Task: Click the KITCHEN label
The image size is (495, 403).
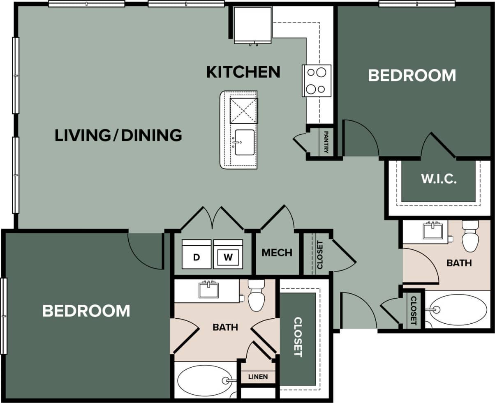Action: pyautogui.click(x=243, y=71)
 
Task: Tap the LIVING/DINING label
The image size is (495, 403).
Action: pyautogui.click(x=118, y=135)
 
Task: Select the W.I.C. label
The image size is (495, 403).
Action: pyautogui.click(x=438, y=180)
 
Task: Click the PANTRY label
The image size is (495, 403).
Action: pyautogui.click(x=326, y=142)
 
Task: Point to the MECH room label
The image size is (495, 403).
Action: pyautogui.click(x=277, y=253)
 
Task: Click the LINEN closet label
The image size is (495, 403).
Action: pyautogui.click(x=258, y=377)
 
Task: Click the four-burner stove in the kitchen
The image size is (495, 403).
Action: pyautogui.click(x=317, y=81)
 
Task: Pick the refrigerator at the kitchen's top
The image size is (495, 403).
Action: pyautogui.click(x=252, y=25)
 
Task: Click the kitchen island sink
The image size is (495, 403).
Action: pyautogui.click(x=244, y=142)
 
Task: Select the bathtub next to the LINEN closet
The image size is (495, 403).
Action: pyautogui.click(x=204, y=380)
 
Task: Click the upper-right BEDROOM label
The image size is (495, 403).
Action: pyautogui.click(x=412, y=76)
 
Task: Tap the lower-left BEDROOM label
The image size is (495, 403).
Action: pyautogui.click(x=86, y=311)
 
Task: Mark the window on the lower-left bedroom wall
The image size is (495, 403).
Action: pyautogui.click(x=4, y=316)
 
